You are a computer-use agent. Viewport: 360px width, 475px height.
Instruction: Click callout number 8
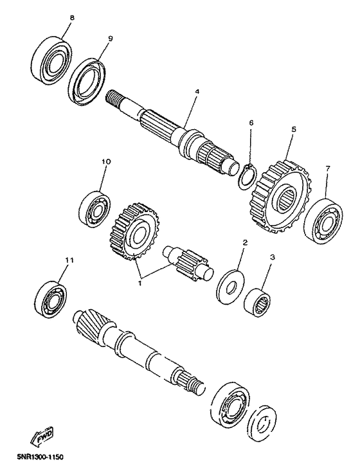(x=71, y=18)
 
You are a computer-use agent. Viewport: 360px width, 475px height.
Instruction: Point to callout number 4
(x=197, y=92)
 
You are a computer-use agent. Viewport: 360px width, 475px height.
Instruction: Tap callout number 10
(x=105, y=162)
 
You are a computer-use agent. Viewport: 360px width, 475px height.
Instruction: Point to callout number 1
(x=140, y=280)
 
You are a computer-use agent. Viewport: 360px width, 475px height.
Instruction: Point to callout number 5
(x=292, y=129)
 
